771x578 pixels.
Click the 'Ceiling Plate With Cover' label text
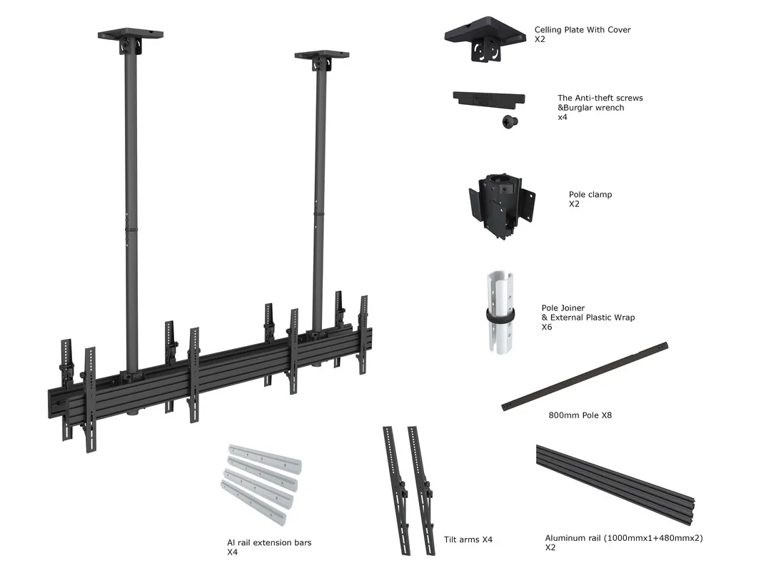[583, 30]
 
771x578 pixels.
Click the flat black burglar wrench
[489, 98]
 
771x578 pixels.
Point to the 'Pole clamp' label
[590, 194]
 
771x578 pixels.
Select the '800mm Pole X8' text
[580, 415]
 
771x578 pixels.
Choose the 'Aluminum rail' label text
[624, 538]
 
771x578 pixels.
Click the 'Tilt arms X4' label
[468, 539]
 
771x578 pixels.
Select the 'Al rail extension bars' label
[269, 543]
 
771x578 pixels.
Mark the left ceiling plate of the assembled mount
[130, 35]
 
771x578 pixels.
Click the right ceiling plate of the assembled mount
[321, 56]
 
